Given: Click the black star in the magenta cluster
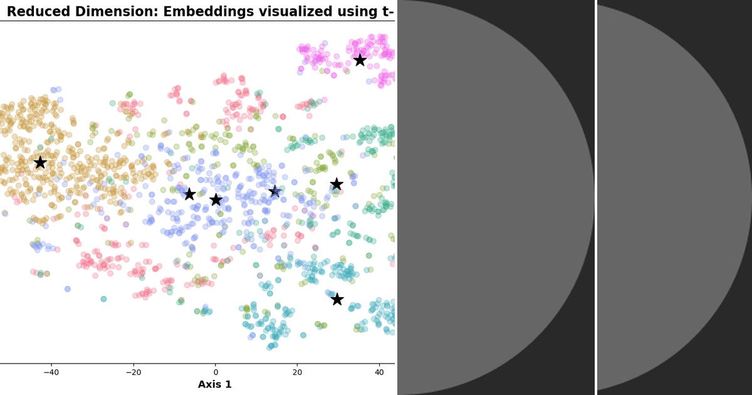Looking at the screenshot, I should tap(360, 60).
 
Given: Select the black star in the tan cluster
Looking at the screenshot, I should tap(40, 162).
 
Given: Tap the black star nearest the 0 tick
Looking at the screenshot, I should tap(216, 200).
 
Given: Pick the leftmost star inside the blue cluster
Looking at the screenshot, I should tap(189, 194).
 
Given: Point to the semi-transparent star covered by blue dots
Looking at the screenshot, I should tap(274, 191).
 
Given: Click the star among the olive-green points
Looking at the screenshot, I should tap(337, 184).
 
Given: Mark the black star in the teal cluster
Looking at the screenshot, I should tap(337, 299).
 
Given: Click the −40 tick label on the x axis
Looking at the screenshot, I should tap(51, 372).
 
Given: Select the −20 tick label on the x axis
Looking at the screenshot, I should tap(133, 372).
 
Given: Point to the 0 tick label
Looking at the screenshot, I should tap(215, 372).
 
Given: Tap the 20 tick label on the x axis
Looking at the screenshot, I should tap(297, 372).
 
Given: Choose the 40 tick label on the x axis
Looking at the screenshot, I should tap(379, 372).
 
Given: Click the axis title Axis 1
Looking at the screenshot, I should tap(214, 384).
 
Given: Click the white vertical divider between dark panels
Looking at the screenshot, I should tap(595, 197).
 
